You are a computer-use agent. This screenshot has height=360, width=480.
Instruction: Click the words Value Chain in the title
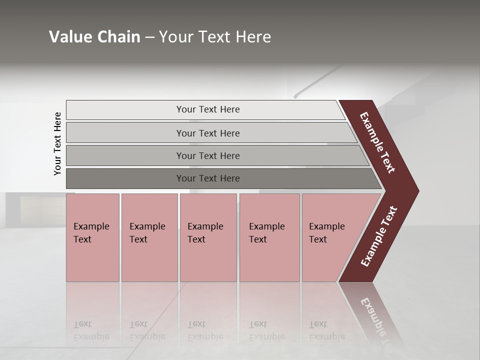94,37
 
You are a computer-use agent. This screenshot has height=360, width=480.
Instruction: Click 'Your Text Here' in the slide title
215,37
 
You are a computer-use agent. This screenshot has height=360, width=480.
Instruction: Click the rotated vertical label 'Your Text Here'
57,143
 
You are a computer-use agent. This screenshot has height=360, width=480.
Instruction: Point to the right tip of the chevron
417,191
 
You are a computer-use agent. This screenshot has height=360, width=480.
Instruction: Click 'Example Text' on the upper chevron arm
377,142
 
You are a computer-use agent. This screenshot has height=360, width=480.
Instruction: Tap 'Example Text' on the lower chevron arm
379,236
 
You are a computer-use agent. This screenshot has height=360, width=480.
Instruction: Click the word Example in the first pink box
91,226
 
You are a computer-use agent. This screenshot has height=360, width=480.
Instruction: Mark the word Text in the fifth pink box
318,239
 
